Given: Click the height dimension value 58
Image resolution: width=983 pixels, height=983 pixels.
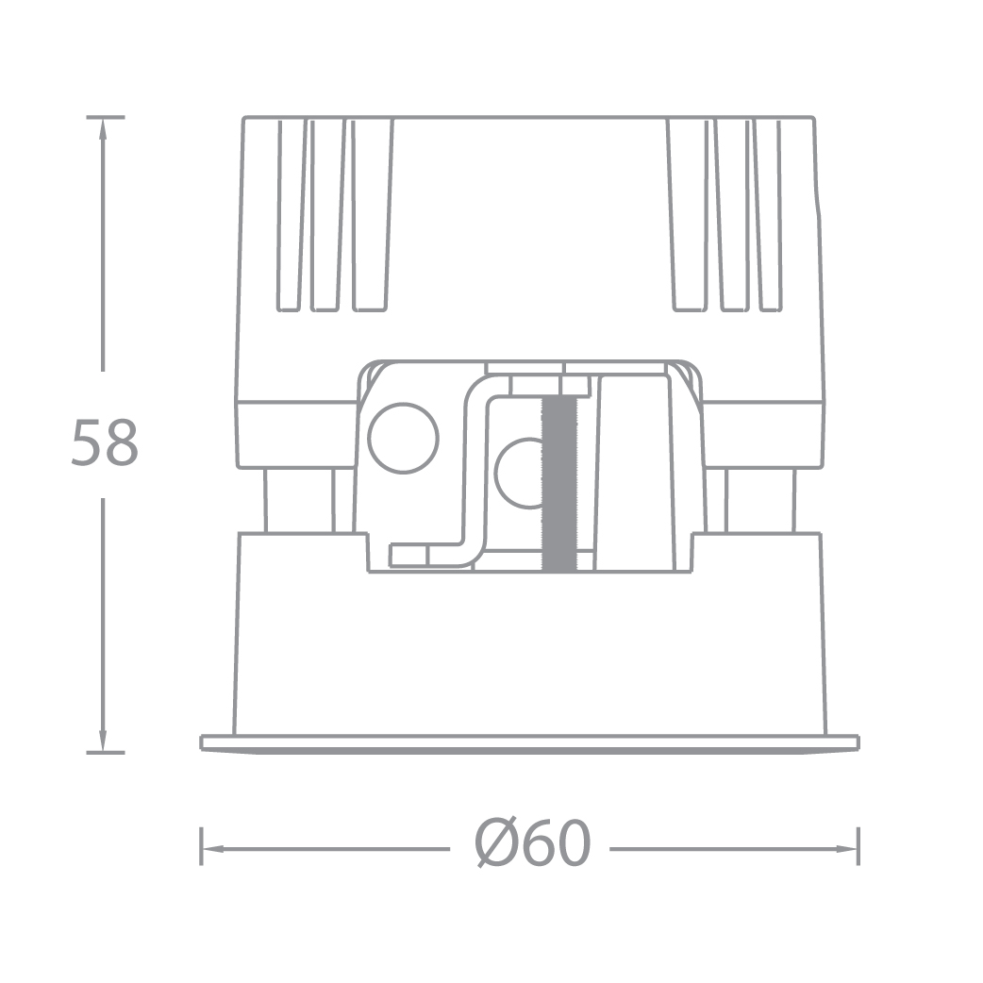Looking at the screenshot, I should [x=105, y=443].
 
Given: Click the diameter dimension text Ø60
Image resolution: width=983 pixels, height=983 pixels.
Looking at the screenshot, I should [x=533, y=844].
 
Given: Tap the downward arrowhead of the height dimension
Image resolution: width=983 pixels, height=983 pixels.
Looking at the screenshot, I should [x=104, y=741].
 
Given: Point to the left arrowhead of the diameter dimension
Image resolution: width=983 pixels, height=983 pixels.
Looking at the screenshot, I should [x=212, y=849].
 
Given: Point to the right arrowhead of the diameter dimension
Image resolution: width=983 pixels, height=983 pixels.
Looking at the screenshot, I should [x=847, y=849].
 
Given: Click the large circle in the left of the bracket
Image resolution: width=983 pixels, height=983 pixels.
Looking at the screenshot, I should [x=404, y=439].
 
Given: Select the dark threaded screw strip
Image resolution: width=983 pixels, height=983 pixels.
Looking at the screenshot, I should [x=559, y=483].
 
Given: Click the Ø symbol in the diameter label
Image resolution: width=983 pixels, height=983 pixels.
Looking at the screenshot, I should [x=496, y=844].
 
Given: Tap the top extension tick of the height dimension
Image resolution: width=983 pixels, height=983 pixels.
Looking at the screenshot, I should [x=105, y=117].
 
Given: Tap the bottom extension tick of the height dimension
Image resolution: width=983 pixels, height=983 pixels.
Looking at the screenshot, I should [x=105, y=752].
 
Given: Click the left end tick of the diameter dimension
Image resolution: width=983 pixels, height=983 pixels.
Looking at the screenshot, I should [x=201, y=846].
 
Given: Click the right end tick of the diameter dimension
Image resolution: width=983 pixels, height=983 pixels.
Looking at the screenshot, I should [x=858, y=846].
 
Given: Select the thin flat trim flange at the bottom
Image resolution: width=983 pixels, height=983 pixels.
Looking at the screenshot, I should [x=530, y=743].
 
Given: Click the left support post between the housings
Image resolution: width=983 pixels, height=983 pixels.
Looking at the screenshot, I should [x=298, y=500].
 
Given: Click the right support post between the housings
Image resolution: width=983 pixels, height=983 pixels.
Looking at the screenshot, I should [x=760, y=500].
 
